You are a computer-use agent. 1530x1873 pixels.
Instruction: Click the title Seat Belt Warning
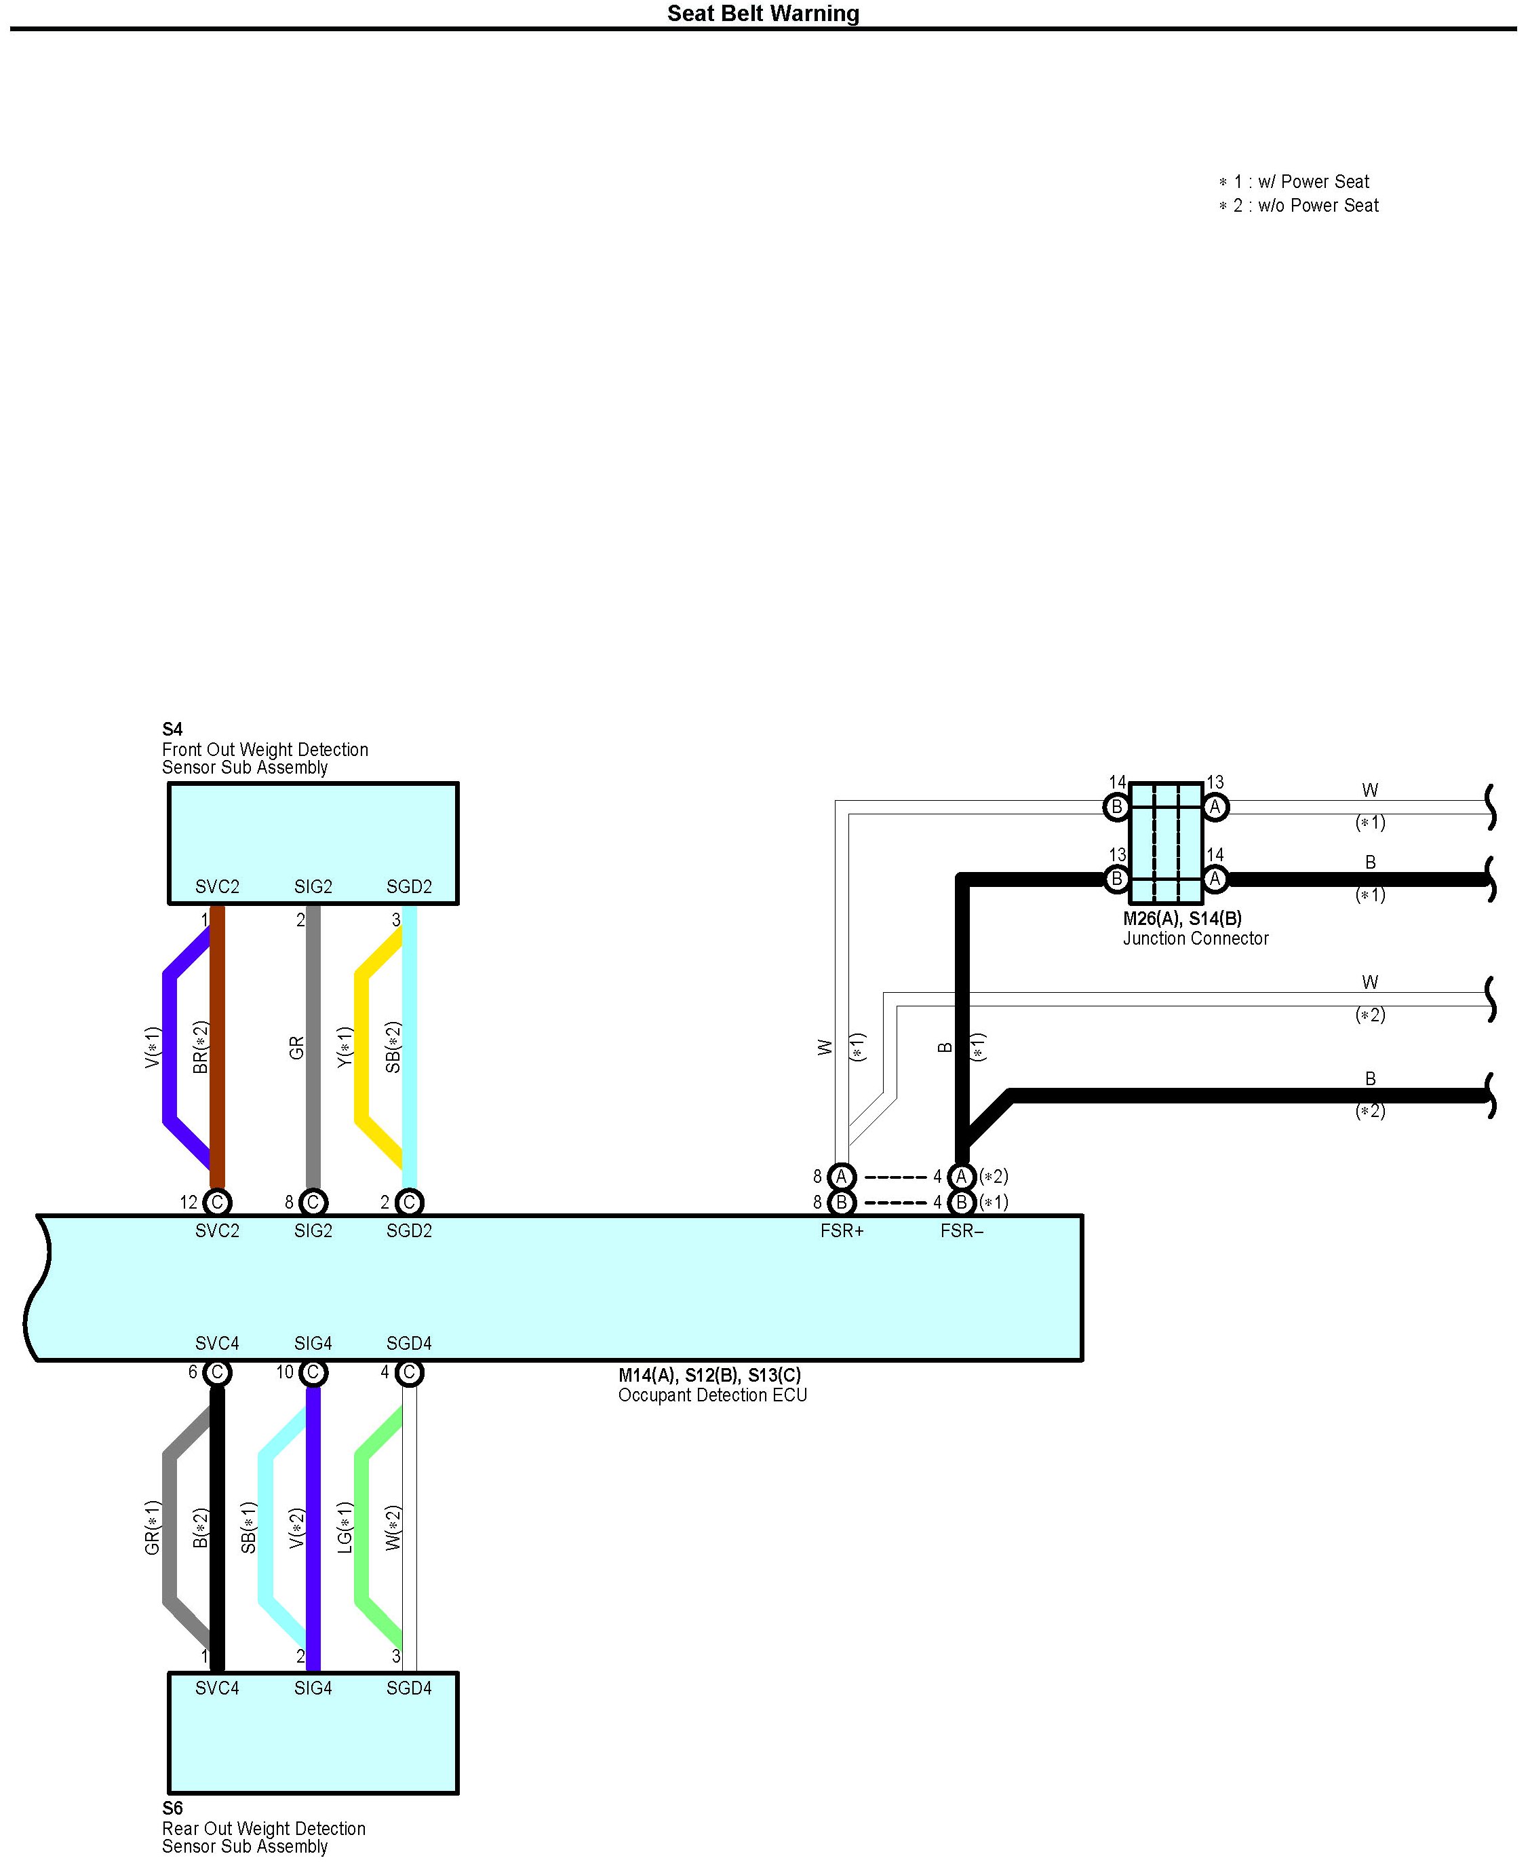point(762,14)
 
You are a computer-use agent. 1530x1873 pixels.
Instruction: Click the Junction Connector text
point(1195,939)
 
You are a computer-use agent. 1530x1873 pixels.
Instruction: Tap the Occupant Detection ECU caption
point(712,1395)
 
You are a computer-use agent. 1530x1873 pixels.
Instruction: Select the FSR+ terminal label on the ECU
point(842,1231)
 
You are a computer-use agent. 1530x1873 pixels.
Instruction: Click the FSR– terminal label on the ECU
point(962,1231)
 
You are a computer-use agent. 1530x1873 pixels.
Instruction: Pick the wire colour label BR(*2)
point(200,1048)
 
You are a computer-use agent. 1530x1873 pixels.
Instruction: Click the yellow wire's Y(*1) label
point(345,1048)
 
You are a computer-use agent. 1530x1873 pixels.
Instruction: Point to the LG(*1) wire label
point(345,1528)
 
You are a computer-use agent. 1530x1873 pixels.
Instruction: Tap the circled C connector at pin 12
point(217,1202)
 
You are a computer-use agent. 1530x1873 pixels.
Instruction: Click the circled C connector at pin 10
point(313,1372)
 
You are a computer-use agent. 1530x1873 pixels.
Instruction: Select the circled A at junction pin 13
point(1215,807)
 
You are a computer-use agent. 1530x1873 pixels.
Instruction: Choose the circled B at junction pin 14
point(1117,807)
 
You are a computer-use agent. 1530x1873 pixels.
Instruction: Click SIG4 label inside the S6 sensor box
point(313,1688)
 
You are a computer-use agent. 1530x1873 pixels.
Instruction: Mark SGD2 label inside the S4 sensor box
point(409,887)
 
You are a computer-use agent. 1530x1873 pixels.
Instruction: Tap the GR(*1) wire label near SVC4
point(153,1528)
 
